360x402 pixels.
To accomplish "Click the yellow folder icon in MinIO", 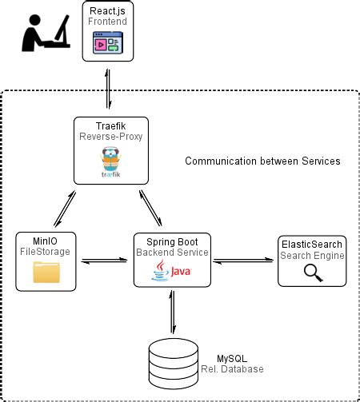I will tap(46, 273).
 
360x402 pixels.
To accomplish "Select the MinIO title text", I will tap(46, 241).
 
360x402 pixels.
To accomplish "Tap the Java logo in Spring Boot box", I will tap(171, 273).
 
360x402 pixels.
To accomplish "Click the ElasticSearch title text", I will tap(313, 244).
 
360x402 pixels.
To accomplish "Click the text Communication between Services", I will tap(262, 161).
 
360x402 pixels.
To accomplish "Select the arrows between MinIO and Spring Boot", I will tap(106, 259).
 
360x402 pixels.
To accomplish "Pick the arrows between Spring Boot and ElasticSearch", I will tap(243, 259).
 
